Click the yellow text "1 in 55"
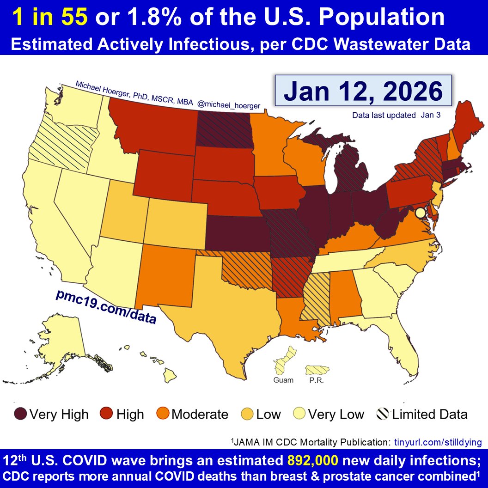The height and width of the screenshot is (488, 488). tap(50, 18)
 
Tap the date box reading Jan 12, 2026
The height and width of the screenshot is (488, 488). tap(363, 91)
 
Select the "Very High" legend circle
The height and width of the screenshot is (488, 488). tap(21, 414)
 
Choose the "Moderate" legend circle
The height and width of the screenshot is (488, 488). tap(164, 414)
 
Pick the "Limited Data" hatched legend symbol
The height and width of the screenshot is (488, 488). tap(384, 414)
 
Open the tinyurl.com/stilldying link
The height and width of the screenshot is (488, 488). tap(438, 442)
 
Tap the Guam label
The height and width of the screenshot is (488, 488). tap(283, 380)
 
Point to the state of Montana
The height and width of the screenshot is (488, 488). tap(152, 125)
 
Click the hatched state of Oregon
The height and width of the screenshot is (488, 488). tap(60, 139)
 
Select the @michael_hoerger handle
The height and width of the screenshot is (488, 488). tap(228, 105)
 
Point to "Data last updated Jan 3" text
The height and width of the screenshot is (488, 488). tap(396, 116)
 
